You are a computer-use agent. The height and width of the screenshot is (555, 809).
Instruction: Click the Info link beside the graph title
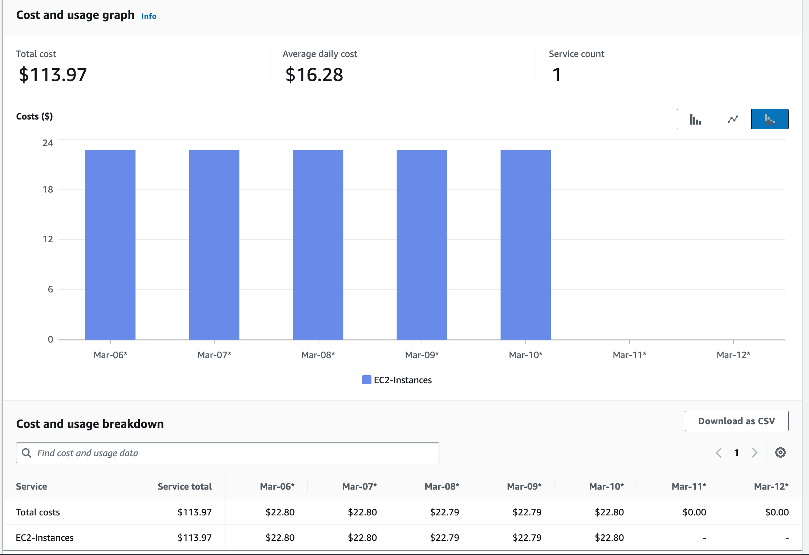(x=149, y=16)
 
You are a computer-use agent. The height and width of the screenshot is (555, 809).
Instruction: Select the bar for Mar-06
(x=110, y=244)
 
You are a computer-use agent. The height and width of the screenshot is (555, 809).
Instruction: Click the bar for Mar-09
(x=422, y=244)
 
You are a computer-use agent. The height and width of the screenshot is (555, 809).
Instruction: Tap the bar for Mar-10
(x=525, y=244)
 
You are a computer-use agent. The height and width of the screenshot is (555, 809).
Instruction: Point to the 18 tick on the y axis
(x=48, y=190)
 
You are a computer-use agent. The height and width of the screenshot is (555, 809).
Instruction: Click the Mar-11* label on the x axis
(x=629, y=355)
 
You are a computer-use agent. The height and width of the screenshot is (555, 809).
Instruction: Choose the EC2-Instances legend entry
(x=397, y=380)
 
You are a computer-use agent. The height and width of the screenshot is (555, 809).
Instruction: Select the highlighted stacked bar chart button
(x=769, y=119)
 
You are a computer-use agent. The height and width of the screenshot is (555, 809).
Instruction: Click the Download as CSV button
(x=736, y=421)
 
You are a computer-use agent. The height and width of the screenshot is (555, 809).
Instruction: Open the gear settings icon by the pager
(x=780, y=453)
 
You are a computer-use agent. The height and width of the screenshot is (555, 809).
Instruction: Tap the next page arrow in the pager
(x=755, y=453)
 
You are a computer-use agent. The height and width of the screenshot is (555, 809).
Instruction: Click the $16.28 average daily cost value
(x=314, y=75)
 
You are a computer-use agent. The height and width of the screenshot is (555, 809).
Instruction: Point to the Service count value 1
(x=556, y=75)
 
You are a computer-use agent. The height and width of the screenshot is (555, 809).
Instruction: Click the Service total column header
(x=184, y=486)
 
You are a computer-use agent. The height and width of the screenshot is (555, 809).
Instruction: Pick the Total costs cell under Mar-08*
(x=444, y=512)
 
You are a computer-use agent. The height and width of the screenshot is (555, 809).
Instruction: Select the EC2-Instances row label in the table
(x=45, y=538)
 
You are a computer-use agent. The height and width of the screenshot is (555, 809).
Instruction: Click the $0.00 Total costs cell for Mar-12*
(x=777, y=512)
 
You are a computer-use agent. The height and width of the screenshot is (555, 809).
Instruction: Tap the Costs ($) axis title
(x=34, y=117)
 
